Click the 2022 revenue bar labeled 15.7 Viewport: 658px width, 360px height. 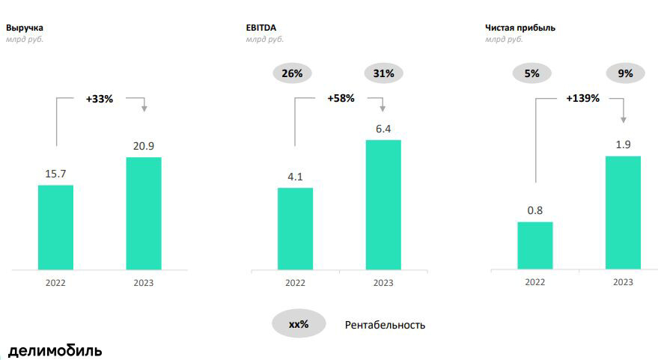55,227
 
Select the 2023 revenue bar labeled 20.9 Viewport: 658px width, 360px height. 144,213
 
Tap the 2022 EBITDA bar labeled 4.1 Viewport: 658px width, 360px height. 295,228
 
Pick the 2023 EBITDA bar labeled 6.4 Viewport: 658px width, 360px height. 383,204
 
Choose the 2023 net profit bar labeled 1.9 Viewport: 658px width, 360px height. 623,213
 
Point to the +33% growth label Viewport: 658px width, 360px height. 99,98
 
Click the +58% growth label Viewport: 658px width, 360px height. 341,98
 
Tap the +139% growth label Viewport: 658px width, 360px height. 582,98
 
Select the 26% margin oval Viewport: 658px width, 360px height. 292,73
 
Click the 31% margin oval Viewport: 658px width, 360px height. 384,73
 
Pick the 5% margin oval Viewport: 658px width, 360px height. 531,73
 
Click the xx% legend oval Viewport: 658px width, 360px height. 299,325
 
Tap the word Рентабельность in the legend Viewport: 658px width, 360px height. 385,325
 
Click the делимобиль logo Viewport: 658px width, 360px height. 55,350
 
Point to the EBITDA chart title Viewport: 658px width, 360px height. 261,28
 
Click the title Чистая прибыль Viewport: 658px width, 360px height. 520,28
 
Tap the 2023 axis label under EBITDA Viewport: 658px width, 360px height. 383,282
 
